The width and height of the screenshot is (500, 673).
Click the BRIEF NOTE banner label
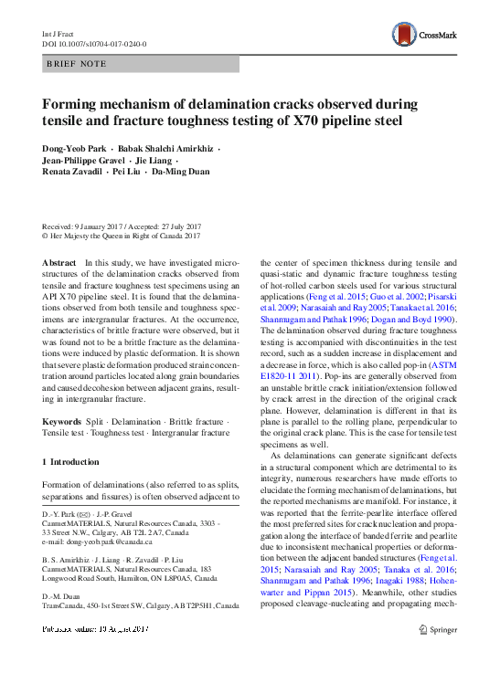pyautogui.click(x=77, y=64)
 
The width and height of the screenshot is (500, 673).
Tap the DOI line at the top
pyautogui.click(x=94, y=43)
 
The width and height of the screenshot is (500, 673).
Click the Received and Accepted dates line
pyautogui.click(x=122, y=226)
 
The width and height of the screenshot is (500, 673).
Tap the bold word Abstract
pyautogui.click(x=59, y=262)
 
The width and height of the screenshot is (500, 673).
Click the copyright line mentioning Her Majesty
pyautogui.click(x=122, y=235)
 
